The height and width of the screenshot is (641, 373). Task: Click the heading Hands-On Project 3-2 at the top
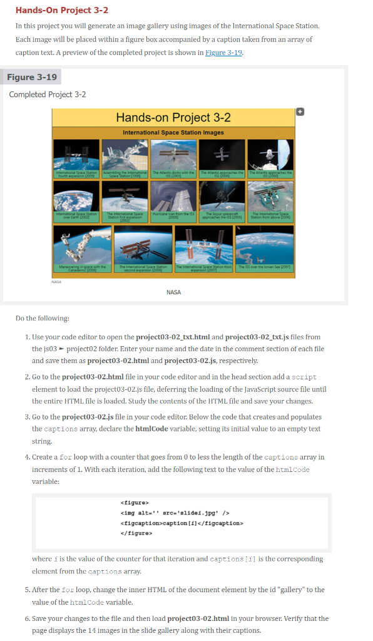pos(62,10)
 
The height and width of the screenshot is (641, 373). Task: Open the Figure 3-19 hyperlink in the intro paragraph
pos(225,52)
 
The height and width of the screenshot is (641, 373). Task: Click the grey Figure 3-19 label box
pos(34,77)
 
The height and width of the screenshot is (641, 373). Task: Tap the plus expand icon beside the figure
pos(300,111)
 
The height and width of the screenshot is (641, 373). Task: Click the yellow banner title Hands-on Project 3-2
pos(173,118)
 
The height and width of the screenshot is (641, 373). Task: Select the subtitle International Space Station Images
pos(173,133)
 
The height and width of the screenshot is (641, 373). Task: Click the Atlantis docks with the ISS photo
pos(173,154)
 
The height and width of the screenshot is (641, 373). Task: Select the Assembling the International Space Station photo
pos(125,154)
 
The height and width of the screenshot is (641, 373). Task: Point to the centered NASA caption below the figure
pos(174,292)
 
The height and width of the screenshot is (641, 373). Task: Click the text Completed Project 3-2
pos(48,95)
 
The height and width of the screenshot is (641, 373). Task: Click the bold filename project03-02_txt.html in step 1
pos(174,337)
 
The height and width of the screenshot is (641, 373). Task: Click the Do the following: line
pos(43,318)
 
